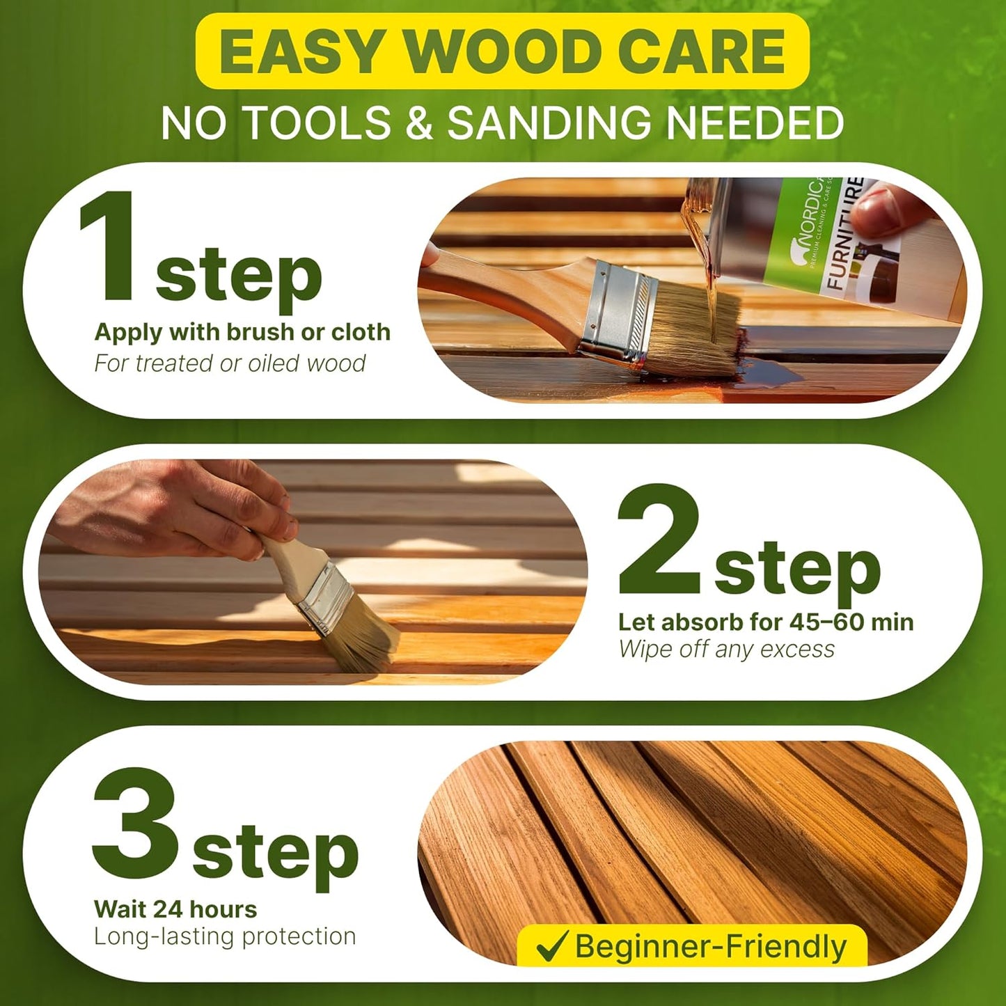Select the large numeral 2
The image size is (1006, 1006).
(659, 539)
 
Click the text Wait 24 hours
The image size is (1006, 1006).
(175, 909)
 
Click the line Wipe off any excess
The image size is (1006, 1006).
(726, 650)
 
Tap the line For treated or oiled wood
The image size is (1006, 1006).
(230, 363)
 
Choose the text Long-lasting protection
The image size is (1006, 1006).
(225, 937)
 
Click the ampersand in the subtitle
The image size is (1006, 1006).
(419, 123)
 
